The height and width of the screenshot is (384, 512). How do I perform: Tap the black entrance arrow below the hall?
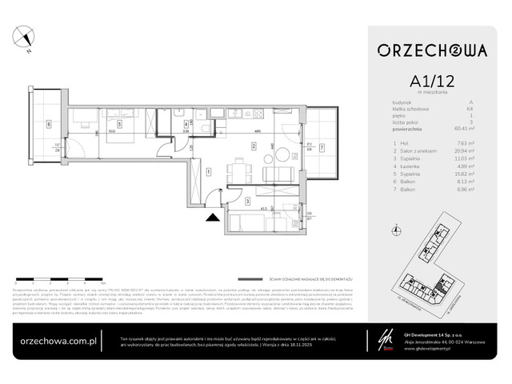tap(211, 214)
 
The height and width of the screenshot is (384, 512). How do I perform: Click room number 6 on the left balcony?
tap(49, 124)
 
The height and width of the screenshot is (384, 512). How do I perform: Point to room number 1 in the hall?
tap(208, 170)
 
